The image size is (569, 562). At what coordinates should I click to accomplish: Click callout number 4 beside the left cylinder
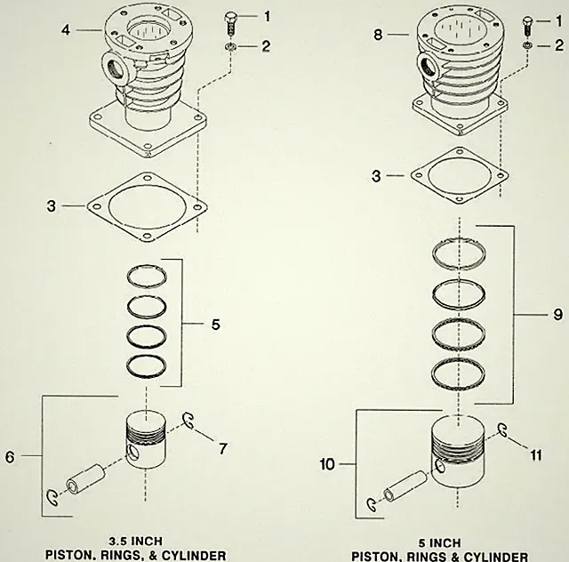pos(66,29)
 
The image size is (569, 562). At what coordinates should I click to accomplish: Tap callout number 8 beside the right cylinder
pos(378,35)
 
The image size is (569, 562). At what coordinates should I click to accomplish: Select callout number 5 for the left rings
pos(216,325)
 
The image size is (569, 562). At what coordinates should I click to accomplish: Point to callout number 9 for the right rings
pos(557,315)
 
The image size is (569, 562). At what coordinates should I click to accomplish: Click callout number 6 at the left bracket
pos(10,457)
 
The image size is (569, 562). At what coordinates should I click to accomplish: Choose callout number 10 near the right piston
pos(327,464)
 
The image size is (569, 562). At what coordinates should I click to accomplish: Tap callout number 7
pos(223,449)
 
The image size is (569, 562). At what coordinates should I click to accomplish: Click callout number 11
pos(536,455)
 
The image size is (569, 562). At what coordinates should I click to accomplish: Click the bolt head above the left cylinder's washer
pos(230,18)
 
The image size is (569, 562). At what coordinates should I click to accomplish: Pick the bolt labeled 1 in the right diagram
pos(527,26)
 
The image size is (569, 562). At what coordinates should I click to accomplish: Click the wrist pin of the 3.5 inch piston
pos(85,479)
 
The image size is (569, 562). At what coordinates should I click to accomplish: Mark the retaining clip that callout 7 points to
pos(188,421)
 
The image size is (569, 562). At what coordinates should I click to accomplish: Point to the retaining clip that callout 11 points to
pos(502,430)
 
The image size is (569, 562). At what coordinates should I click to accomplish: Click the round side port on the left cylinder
pos(118,68)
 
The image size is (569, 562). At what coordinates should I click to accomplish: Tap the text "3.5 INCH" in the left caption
pos(136,542)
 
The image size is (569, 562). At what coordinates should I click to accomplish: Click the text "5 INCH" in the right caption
pos(439,543)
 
